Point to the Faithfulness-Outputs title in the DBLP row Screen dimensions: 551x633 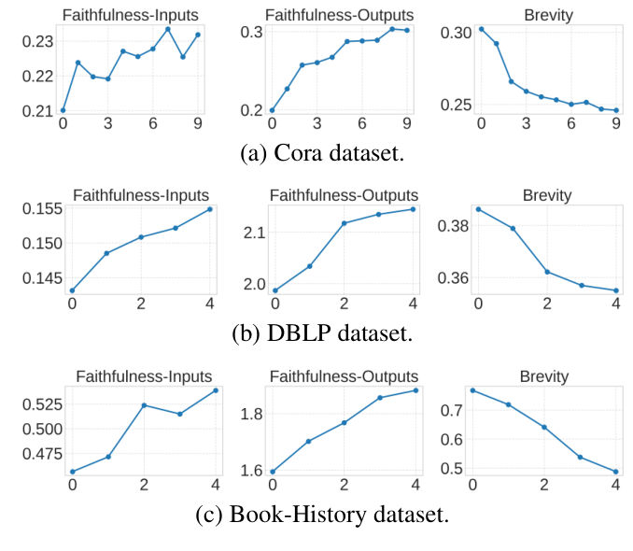[x=344, y=195]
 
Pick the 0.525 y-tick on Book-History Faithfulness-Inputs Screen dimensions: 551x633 [x=35, y=404]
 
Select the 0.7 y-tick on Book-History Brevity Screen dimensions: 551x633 [x=450, y=410]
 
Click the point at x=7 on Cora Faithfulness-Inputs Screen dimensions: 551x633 [x=168, y=29]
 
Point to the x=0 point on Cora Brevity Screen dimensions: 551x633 [x=481, y=29]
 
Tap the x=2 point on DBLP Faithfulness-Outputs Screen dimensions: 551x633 [x=344, y=223]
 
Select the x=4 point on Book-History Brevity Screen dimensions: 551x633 [x=616, y=472]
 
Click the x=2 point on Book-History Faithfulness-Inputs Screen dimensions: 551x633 [x=144, y=405]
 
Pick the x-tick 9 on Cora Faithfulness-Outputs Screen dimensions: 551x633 [x=406, y=122]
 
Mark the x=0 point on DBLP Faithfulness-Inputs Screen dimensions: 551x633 [x=72, y=290]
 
